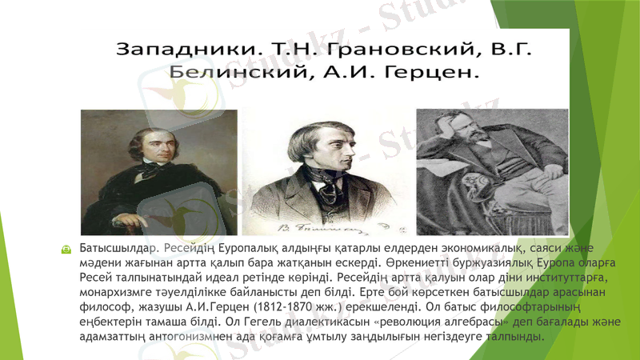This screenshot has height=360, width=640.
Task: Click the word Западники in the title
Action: point(181,49)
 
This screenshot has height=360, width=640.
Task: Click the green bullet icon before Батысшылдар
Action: point(66,250)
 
